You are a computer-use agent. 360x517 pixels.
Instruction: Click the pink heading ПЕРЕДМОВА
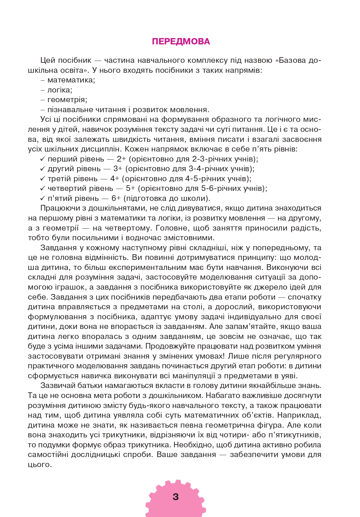[x=181, y=42]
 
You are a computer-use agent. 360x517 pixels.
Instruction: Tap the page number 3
[x=176, y=497]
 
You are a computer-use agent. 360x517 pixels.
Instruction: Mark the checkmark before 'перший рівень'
[x=43, y=159]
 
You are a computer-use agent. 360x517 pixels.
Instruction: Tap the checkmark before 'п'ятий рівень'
[x=43, y=198]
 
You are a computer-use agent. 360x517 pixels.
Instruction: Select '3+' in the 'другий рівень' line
[x=118, y=169]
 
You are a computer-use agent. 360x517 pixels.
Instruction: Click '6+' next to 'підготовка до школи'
[x=116, y=198]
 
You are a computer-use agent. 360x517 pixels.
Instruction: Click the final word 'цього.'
[x=40, y=465]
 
